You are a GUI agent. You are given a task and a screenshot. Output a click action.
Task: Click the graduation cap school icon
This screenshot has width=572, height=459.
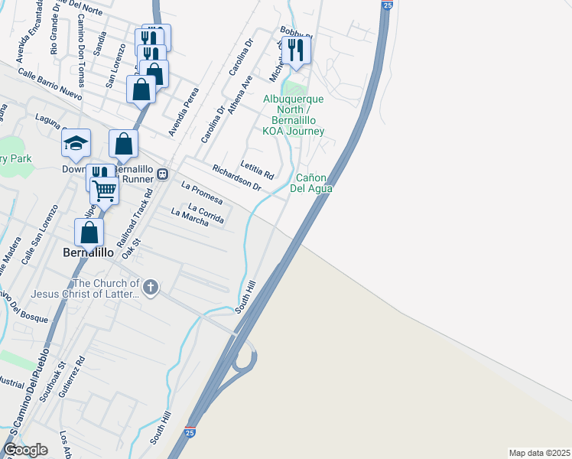76,143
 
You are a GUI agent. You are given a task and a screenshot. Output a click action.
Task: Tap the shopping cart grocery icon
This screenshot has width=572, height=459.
104,189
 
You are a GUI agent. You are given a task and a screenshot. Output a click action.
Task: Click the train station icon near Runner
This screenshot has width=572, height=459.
162,174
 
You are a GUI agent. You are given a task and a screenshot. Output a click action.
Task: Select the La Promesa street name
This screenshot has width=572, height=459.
202,193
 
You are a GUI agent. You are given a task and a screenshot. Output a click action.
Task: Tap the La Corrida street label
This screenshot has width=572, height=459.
206,213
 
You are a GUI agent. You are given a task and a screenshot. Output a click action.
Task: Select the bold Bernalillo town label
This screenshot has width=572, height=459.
89,252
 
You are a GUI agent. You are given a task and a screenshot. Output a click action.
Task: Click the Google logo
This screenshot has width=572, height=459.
26,450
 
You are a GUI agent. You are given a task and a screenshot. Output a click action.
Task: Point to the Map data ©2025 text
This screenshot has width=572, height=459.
539,453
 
